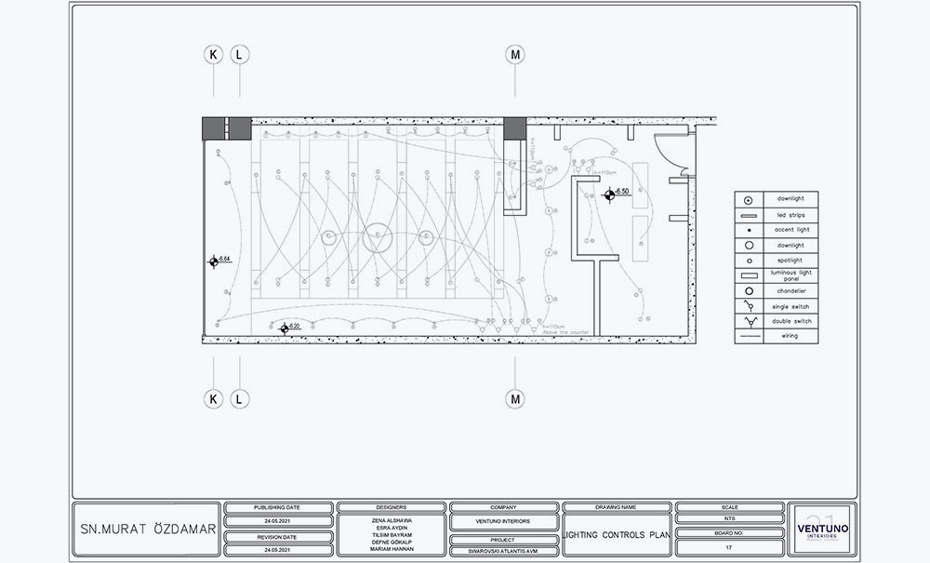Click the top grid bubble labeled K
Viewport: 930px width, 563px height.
(214, 55)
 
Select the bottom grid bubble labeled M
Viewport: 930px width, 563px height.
(515, 399)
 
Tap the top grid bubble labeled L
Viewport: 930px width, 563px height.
(240, 55)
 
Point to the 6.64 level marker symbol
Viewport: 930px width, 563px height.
(214, 261)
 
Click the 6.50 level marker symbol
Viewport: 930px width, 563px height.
(609, 194)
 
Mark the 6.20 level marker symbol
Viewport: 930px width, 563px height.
(284, 328)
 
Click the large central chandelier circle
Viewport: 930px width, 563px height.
(378, 236)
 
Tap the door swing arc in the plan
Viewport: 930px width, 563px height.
(668, 149)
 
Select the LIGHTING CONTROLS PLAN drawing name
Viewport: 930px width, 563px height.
(616, 536)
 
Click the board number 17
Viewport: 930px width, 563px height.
(729, 548)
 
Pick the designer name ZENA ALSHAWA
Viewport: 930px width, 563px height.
(391, 519)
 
